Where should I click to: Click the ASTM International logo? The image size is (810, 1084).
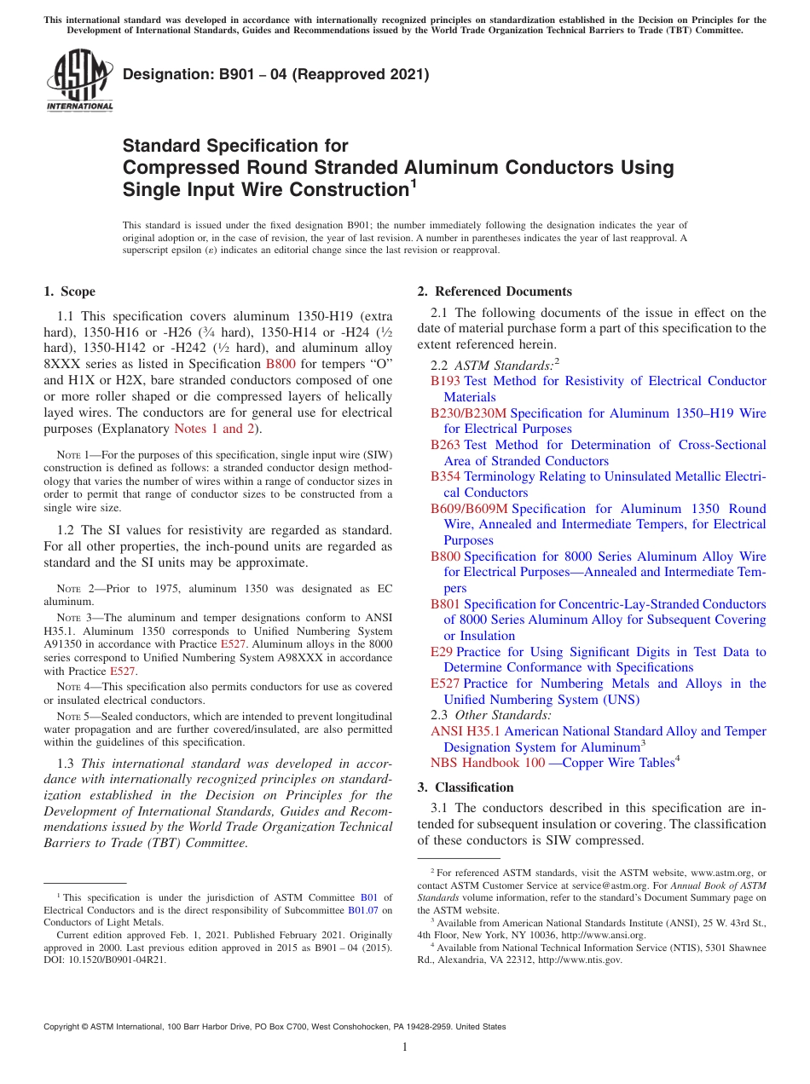[x=79, y=82]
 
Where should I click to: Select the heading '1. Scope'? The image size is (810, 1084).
[x=69, y=291]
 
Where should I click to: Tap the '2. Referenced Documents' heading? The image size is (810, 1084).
[x=495, y=291]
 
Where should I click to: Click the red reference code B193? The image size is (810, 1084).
[x=445, y=382]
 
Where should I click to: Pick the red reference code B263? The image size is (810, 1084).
[x=445, y=445]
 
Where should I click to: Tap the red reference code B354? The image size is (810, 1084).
[x=445, y=476]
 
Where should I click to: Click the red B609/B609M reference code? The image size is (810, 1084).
[x=468, y=509]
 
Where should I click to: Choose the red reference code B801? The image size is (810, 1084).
[x=445, y=604]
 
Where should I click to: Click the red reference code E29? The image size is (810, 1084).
[x=442, y=652]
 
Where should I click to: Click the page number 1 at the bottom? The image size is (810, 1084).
[x=405, y=1047]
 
